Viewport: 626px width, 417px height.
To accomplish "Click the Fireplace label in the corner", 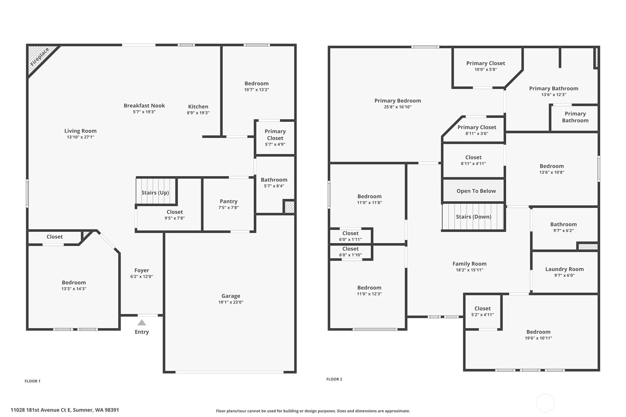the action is pos(40,57).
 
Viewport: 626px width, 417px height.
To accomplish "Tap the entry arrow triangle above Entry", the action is pos(142,323).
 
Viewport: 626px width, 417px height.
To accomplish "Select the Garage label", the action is pos(231,296).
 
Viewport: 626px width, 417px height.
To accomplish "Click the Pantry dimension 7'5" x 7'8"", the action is pos(229,208).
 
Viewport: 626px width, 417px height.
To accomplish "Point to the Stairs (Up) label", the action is pos(155,193).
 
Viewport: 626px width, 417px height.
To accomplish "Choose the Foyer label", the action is pos(142,270).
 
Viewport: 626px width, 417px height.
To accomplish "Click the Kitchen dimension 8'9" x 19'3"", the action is pos(198,113).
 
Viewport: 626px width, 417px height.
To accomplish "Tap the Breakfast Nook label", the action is pos(144,105).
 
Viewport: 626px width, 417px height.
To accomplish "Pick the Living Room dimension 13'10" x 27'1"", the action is pos(80,137).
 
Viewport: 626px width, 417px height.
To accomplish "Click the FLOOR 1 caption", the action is pos(32,381).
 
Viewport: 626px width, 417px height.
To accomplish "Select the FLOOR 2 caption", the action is pos(334,379).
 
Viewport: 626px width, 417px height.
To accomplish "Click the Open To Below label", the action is pos(476,191).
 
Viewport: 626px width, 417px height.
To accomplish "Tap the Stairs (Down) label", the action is pos(474,217).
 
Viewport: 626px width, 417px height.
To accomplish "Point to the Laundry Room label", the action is pos(564,269).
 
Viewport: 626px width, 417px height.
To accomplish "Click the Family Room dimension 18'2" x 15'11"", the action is pos(470,270).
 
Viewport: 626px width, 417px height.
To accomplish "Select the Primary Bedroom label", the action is pos(398,101).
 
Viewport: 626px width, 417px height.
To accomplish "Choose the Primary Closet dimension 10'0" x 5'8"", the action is pos(486,70).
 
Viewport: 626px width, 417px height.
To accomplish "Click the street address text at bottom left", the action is pos(65,410).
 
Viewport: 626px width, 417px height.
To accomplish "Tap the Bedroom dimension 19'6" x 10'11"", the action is pos(539,338).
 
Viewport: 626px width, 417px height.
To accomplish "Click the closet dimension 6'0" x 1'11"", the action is pos(350,239).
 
